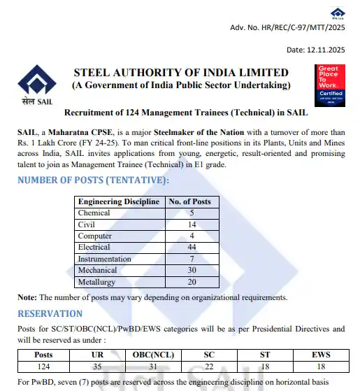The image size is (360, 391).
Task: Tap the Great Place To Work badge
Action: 331,83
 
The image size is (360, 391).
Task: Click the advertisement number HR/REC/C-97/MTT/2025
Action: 287,28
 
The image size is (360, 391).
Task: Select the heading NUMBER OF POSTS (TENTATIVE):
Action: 93,180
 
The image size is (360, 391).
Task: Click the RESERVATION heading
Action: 50,313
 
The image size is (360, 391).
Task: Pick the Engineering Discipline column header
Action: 119,201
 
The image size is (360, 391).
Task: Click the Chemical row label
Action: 94,213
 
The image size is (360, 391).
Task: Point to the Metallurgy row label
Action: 97,281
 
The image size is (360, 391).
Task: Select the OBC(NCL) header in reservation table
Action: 154,355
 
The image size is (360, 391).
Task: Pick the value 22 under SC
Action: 209,366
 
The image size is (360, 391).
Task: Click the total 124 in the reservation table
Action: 43,366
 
